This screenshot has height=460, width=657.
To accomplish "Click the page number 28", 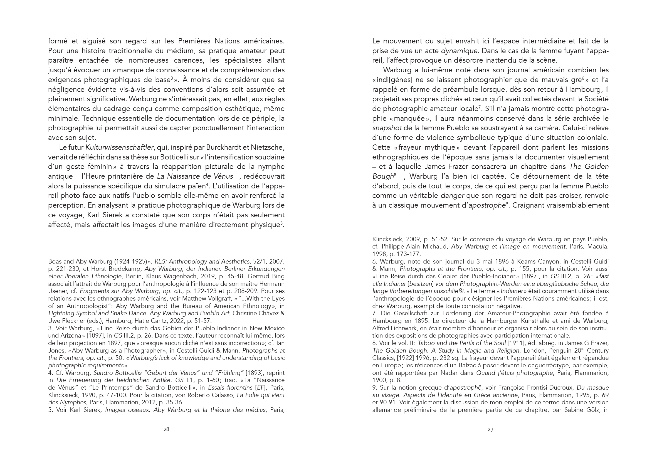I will click(166, 429).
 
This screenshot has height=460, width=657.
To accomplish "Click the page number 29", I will click(490, 429).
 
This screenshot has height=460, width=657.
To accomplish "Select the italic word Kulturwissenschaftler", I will click(119, 147).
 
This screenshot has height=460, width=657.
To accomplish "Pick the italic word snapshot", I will click(386, 128).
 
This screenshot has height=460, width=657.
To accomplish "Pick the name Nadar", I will click(465, 373).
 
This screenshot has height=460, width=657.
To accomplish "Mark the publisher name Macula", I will click(598, 247).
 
